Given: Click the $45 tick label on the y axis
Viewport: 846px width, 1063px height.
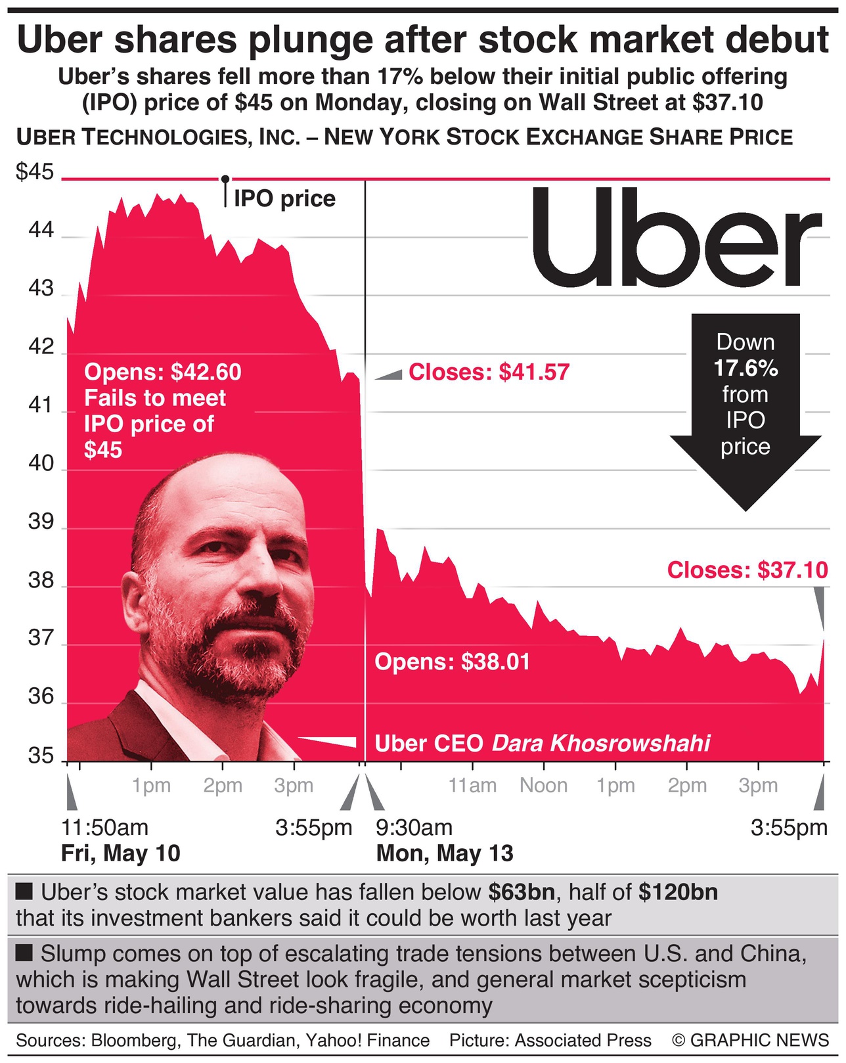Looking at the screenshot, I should tap(34, 173).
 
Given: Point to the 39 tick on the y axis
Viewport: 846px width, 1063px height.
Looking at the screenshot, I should tap(40, 522).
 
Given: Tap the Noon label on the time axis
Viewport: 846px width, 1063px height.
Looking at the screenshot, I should tap(543, 786).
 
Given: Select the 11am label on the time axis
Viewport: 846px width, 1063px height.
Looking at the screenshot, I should tap(472, 786).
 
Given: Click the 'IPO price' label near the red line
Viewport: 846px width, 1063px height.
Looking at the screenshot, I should tap(284, 198).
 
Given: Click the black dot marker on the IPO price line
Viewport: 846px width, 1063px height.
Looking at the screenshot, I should tap(225, 179).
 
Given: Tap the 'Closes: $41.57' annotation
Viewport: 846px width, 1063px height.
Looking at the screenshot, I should tap(489, 373).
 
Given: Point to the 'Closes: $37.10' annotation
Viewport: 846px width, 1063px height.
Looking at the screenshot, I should tap(747, 570).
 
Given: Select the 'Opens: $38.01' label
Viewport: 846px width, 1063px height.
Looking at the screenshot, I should tap(452, 662).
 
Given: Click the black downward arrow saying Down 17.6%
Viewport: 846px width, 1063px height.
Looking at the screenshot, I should tap(746, 407).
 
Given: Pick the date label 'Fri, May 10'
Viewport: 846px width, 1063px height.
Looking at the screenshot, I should tap(120, 853).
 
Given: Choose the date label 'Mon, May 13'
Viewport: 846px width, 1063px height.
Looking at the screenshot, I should tap(445, 853).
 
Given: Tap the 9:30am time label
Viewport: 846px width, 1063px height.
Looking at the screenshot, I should tap(414, 828).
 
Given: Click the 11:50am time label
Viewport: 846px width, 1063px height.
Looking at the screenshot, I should tap(105, 828).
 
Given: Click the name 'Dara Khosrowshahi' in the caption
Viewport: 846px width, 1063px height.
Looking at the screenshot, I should tap(601, 743).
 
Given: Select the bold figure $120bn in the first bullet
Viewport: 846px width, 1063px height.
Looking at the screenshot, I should tap(678, 892).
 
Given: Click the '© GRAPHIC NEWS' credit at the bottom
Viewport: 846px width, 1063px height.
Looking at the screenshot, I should tap(751, 1040).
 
